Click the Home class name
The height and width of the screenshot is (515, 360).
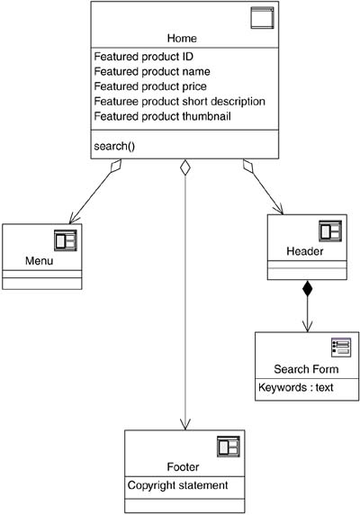coord(182,38)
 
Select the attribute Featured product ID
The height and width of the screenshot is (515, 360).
coord(143,57)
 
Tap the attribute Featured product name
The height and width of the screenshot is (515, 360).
coord(152,72)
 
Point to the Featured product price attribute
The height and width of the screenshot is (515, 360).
coord(150,86)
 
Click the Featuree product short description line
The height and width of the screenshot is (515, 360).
coord(179,102)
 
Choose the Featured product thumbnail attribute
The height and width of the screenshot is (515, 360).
coord(162,116)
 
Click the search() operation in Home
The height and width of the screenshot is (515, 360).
coord(114,146)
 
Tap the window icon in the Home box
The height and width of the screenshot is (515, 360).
coord(262,18)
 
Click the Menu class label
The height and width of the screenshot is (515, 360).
coord(39,261)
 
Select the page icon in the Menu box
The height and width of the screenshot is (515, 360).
coord(66,240)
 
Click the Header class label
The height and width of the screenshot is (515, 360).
coord(305,251)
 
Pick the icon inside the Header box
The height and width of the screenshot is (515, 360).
coord(330,230)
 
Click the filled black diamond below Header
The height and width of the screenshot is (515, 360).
coord(307,288)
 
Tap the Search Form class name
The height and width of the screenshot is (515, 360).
coord(306,369)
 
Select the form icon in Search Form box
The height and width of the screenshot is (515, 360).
coord(341,348)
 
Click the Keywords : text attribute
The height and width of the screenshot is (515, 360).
coord(296,387)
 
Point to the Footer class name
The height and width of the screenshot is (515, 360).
coord(183,467)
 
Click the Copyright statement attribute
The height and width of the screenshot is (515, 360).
coord(177,485)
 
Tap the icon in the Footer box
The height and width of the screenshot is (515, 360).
coord(229,447)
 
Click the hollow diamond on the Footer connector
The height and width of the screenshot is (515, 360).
coord(185,167)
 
